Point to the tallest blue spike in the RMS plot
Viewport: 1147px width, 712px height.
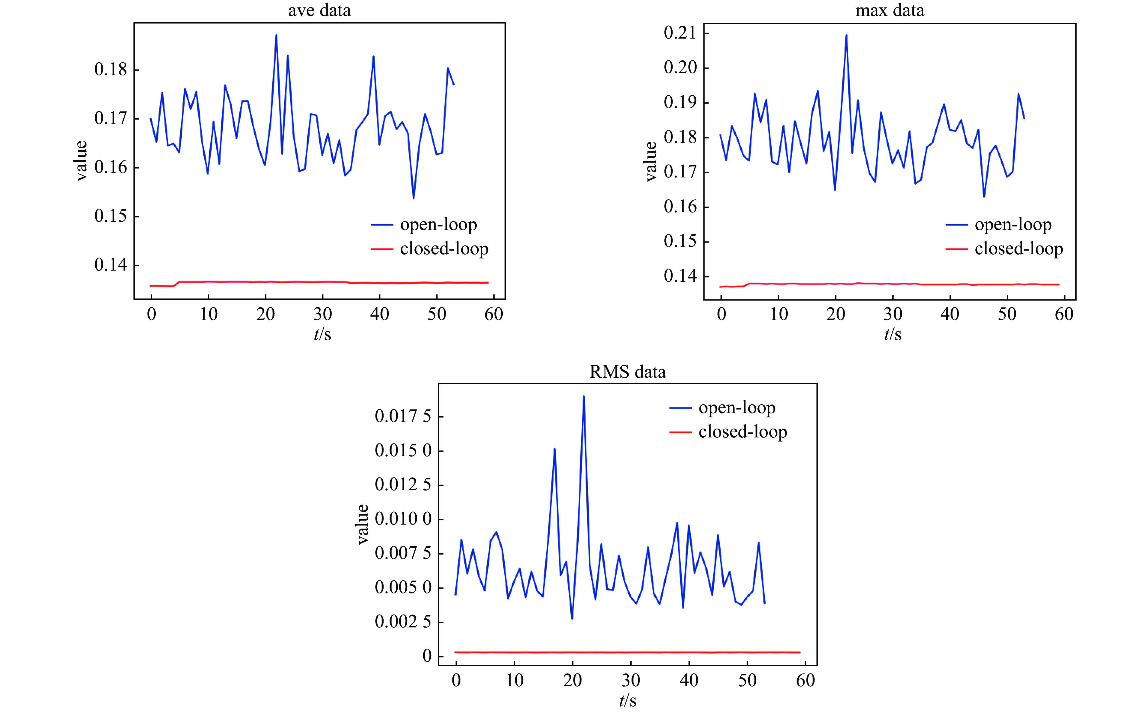tap(583, 397)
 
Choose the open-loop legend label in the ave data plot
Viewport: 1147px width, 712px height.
tap(438, 225)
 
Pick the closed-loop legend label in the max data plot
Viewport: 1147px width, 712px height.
tap(1018, 249)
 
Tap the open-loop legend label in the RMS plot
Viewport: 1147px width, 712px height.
tap(737, 407)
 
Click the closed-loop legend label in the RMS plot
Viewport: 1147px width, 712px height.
tap(742, 432)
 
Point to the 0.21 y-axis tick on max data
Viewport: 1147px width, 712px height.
tap(679, 33)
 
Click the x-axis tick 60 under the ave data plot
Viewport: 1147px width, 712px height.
tap(494, 314)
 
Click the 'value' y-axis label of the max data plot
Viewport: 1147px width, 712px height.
tap(651, 161)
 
